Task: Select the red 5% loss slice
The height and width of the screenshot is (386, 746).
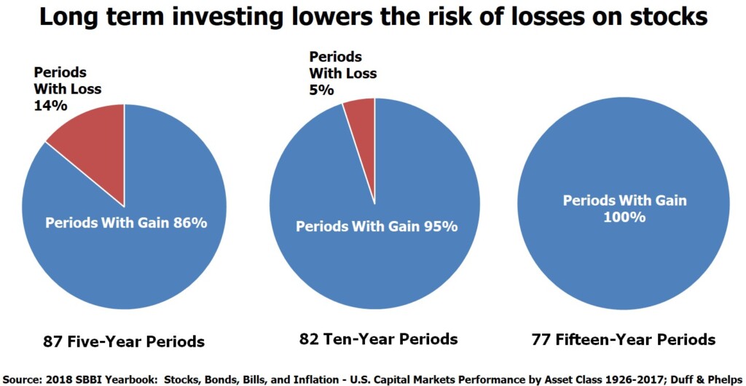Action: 361,120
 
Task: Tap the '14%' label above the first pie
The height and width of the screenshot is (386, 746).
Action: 50,105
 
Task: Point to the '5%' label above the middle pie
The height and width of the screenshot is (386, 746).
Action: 321,90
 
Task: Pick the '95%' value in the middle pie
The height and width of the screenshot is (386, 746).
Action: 440,226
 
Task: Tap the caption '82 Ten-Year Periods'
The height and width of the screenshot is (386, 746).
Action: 378,339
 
